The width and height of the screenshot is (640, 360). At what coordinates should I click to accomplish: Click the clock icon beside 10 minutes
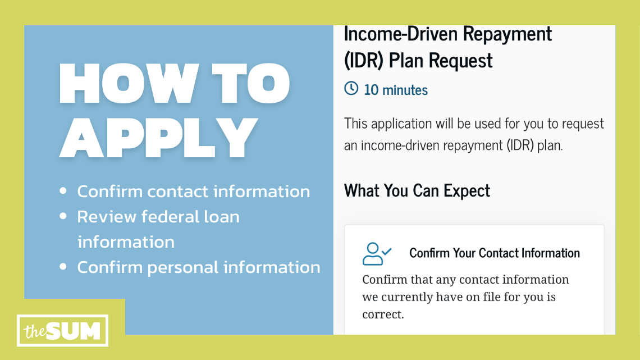click(x=351, y=89)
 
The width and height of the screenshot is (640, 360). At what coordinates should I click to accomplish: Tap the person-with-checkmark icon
click(x=377, y=253)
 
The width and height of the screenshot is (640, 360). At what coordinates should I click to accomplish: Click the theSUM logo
click(x=63, y=331)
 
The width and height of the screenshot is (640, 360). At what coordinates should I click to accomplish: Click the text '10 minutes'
click(x=396, y=90)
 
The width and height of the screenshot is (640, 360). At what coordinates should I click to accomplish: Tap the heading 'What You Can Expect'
click(x=417, y=190)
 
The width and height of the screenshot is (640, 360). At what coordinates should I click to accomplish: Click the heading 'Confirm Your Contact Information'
click(x=495, y=253)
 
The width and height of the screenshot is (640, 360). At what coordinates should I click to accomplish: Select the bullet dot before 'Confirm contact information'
click(x=63, y=192)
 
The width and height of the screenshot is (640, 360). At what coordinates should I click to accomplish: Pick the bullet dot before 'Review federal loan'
click(x=63, y=216)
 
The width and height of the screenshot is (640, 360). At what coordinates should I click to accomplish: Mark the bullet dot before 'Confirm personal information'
click(x=63, y=267)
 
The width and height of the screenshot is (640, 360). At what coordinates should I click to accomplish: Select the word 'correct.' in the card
click(x=383, y=314)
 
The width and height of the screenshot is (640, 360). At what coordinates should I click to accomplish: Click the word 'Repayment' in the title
click(x=511, y=35)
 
